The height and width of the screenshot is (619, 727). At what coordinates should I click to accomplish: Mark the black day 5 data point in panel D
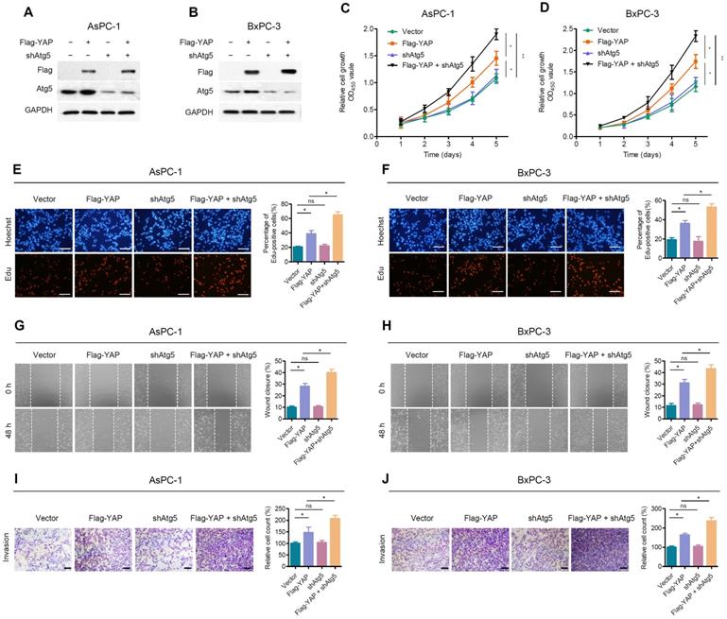[696, 37]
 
